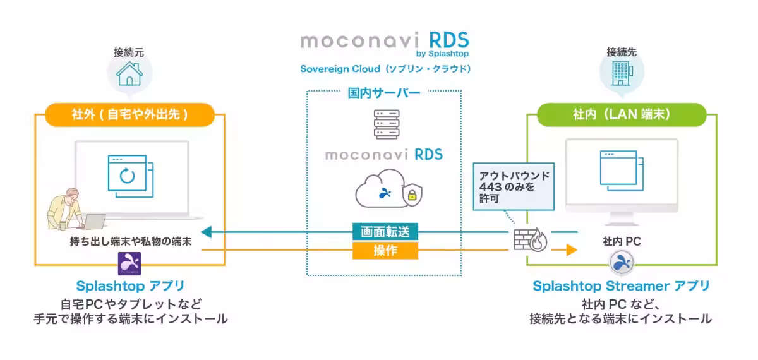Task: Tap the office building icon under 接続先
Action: click(x=622, y=73)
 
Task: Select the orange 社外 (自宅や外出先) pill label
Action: click(x=130, y=115)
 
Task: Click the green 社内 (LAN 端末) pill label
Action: click(x=622, y=115)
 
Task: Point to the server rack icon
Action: click(x=387, y=124)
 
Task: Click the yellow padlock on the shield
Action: click(x=412, y=195)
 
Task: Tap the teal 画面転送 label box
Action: click(x=385, y=232)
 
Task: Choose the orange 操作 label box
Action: click(x=385, y=250)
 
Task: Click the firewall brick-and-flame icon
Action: click(x=530, y=239)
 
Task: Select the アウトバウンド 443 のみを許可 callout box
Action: click(x=514, y=186)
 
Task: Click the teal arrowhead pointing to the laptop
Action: click(x=207, y=232)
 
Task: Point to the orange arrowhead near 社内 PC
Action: click(x=572, y=250)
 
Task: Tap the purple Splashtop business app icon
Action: click(x=129, y=263)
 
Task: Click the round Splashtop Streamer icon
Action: click(x=622, y=262)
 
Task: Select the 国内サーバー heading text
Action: click(x=384, y=93)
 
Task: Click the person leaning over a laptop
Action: click(x=73, y=210)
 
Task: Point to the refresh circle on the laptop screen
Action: click(x=127, y=176)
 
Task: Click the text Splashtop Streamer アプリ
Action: click(x=622, y=286)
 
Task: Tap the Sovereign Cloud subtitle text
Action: click(x=385, y=69)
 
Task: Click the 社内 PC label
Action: click(x=622, y=241)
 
